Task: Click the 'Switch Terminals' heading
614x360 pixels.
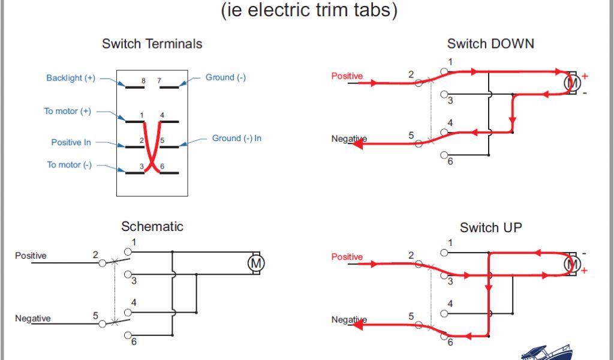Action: (152, 44)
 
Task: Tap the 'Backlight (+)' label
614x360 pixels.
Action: (71, 78)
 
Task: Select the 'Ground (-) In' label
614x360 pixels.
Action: (237, 138)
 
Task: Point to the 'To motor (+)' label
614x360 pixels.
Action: (68, 111)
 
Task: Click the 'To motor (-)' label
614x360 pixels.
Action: (70, 164)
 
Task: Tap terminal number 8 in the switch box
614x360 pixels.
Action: (143, 80)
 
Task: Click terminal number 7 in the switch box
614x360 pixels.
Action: (159, 80)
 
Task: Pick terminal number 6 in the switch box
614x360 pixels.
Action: (162, 166)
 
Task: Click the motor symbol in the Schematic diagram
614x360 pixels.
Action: (257, 263)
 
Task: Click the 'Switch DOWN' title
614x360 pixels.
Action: (490, 44)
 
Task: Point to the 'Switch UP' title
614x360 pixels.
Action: (490, 227)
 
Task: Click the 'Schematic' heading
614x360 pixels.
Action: (152, 226)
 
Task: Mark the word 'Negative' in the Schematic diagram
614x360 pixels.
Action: (33, 318)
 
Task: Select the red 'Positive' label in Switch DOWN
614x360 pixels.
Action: (347, 76)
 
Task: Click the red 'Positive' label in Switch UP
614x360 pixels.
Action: (347, 257)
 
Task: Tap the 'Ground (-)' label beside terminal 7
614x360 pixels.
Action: (225, 77)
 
